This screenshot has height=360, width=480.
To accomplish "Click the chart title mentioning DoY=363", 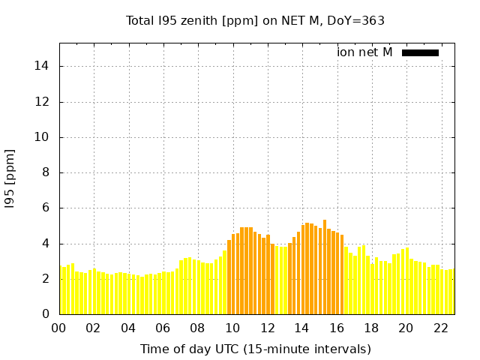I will tap(255, 20).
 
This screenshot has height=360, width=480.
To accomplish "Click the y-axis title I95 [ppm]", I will tap(10, 178).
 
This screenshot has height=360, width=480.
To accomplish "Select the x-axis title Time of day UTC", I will tap(255, 349).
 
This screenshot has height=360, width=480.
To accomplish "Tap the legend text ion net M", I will tap(364, 52).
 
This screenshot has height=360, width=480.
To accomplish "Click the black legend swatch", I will tap(420, 52).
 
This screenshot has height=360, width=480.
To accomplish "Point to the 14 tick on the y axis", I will tap(43, 66).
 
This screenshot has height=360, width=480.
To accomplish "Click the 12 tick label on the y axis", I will tap(43, 101).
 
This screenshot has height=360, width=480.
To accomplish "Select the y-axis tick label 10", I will tap(43, 136).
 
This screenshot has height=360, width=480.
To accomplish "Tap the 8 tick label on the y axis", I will tap(46, 172).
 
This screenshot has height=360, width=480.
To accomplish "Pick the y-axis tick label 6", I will tap(46, 208).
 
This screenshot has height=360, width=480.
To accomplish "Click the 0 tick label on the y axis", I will tap(46, 314).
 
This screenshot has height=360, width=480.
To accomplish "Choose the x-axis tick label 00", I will tap(58, 328).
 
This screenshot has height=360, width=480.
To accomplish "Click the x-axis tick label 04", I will tap(128, 328).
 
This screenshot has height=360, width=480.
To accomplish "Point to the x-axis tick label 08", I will tap(197, 328).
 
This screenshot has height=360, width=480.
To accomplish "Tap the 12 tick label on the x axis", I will tap(267, 328).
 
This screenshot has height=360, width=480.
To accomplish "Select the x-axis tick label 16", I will tap(336, 328).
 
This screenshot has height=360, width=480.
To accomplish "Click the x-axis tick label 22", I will tap(440, 328).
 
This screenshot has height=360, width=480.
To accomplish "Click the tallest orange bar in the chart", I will tap(325, 267).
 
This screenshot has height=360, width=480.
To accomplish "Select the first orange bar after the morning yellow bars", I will tap(229, 277).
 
